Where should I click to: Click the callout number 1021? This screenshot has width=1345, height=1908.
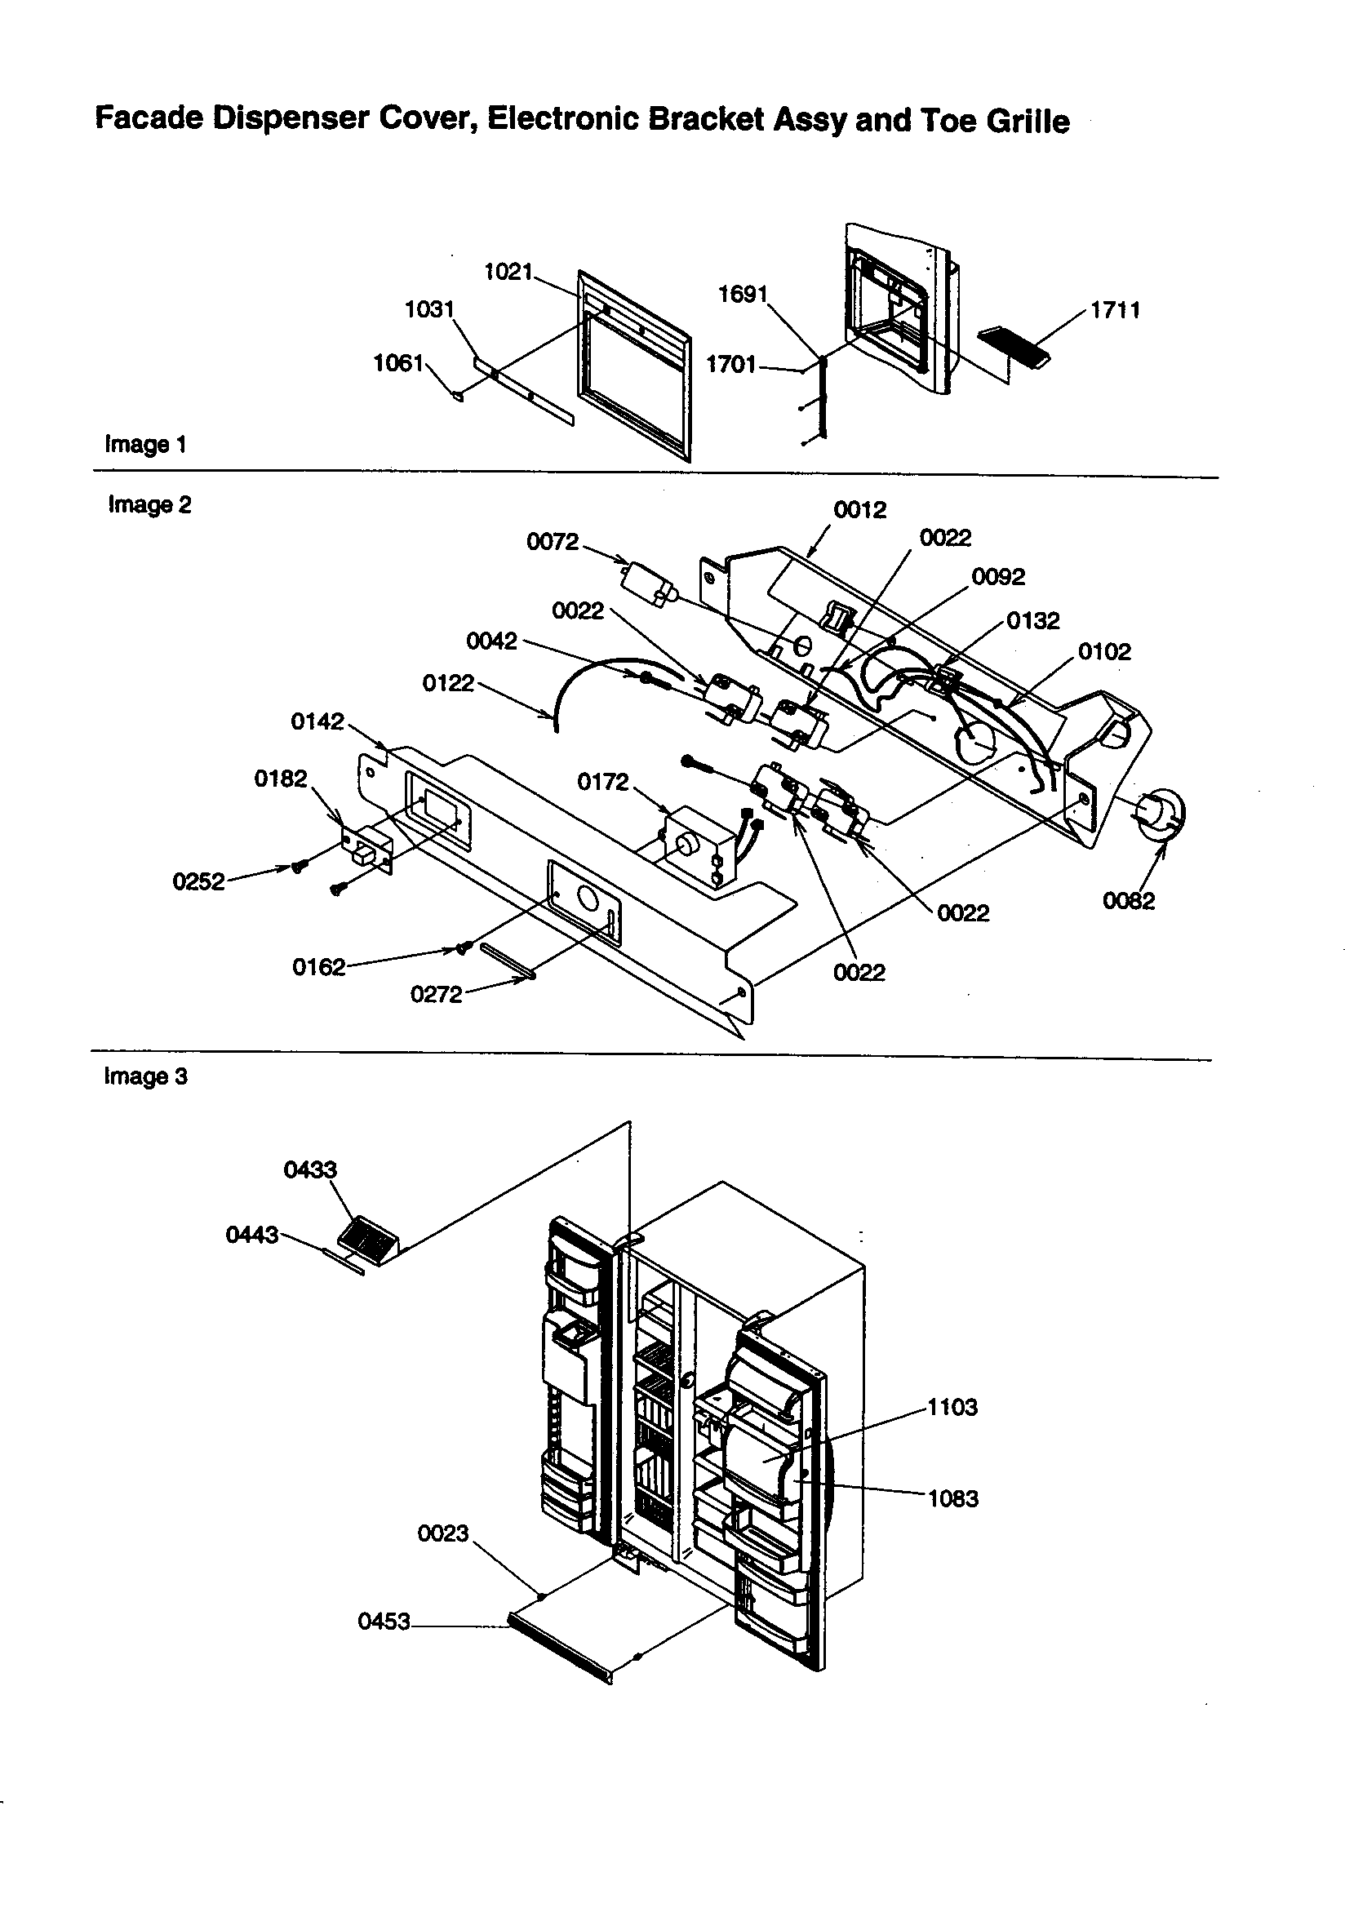(508, 272)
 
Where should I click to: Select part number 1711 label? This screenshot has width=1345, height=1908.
(1115, 310)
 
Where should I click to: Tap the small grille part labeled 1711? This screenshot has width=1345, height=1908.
(1014, 348)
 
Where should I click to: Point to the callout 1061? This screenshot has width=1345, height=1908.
(398, 363)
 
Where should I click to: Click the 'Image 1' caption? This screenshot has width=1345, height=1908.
(145, 445)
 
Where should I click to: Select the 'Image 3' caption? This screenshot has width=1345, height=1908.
(145, 1077)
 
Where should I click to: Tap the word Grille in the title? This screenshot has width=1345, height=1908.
(1028, 122)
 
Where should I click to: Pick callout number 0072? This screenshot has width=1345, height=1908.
(552, 542)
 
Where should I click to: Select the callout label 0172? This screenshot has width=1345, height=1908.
(602, 782)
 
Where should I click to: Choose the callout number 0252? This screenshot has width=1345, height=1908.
(198, 881)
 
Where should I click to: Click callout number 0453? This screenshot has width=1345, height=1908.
(384, 1622)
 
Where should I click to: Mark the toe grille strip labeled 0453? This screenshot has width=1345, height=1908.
(560, 1644)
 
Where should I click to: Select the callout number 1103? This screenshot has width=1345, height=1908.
(952, 1407)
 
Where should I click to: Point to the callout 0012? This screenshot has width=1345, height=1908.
(859, 509)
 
